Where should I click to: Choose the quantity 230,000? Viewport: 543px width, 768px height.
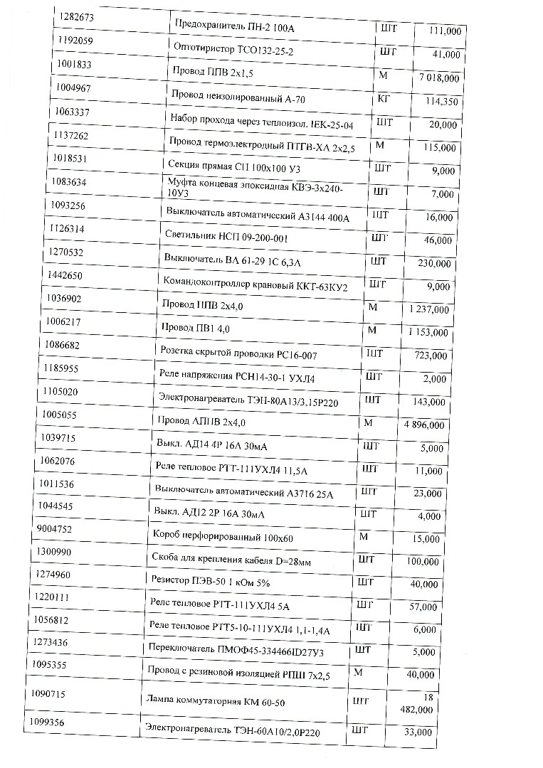point(433,263)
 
